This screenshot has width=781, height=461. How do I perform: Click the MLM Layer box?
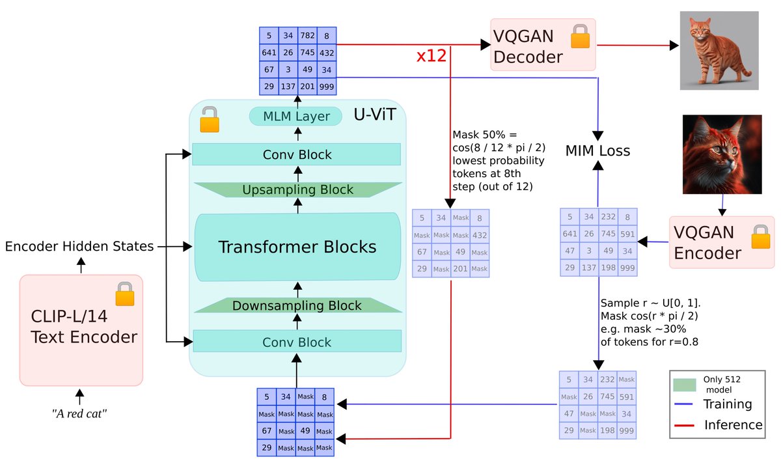[x=296, y=117]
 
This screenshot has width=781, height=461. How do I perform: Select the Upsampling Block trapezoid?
[x=297, y=189]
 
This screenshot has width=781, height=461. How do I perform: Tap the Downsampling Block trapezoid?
[x=297, y=305]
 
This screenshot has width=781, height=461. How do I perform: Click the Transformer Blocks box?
[x=297, y=247]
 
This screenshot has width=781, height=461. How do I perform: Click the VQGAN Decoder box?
[x=543, y=44]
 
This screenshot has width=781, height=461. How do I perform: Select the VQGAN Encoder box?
[x=722, y=242]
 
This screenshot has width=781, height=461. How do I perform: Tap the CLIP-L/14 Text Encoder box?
[x=81, y=329]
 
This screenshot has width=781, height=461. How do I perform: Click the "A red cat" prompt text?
[x=79, y=413]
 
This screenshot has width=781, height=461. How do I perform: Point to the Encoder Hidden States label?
[x=79, y=246]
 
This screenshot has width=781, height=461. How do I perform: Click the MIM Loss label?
[x=597, y=151]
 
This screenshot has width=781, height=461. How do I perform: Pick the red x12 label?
[x=432, y=55]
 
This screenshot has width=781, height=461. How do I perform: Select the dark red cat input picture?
[x=722, y=154]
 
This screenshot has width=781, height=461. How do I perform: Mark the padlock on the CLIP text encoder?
[x=124, y=294]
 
